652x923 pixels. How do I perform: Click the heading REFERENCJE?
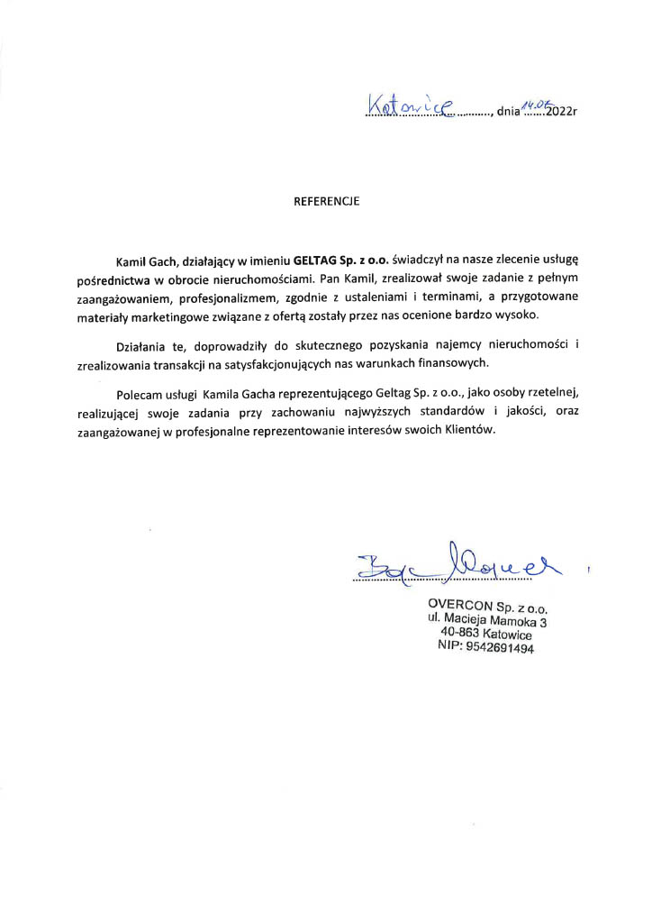[x=326, y=202]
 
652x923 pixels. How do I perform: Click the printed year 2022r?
[x=558, y=113]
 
